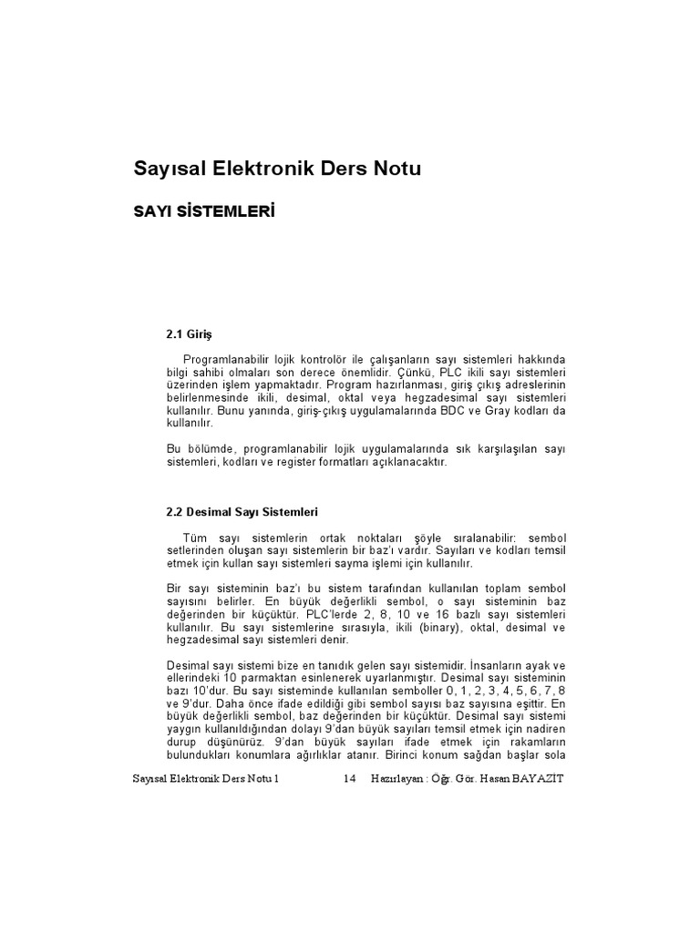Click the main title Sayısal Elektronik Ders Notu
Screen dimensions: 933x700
[x=278, y=169]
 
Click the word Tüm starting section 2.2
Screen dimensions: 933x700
[x=195, y=538]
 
